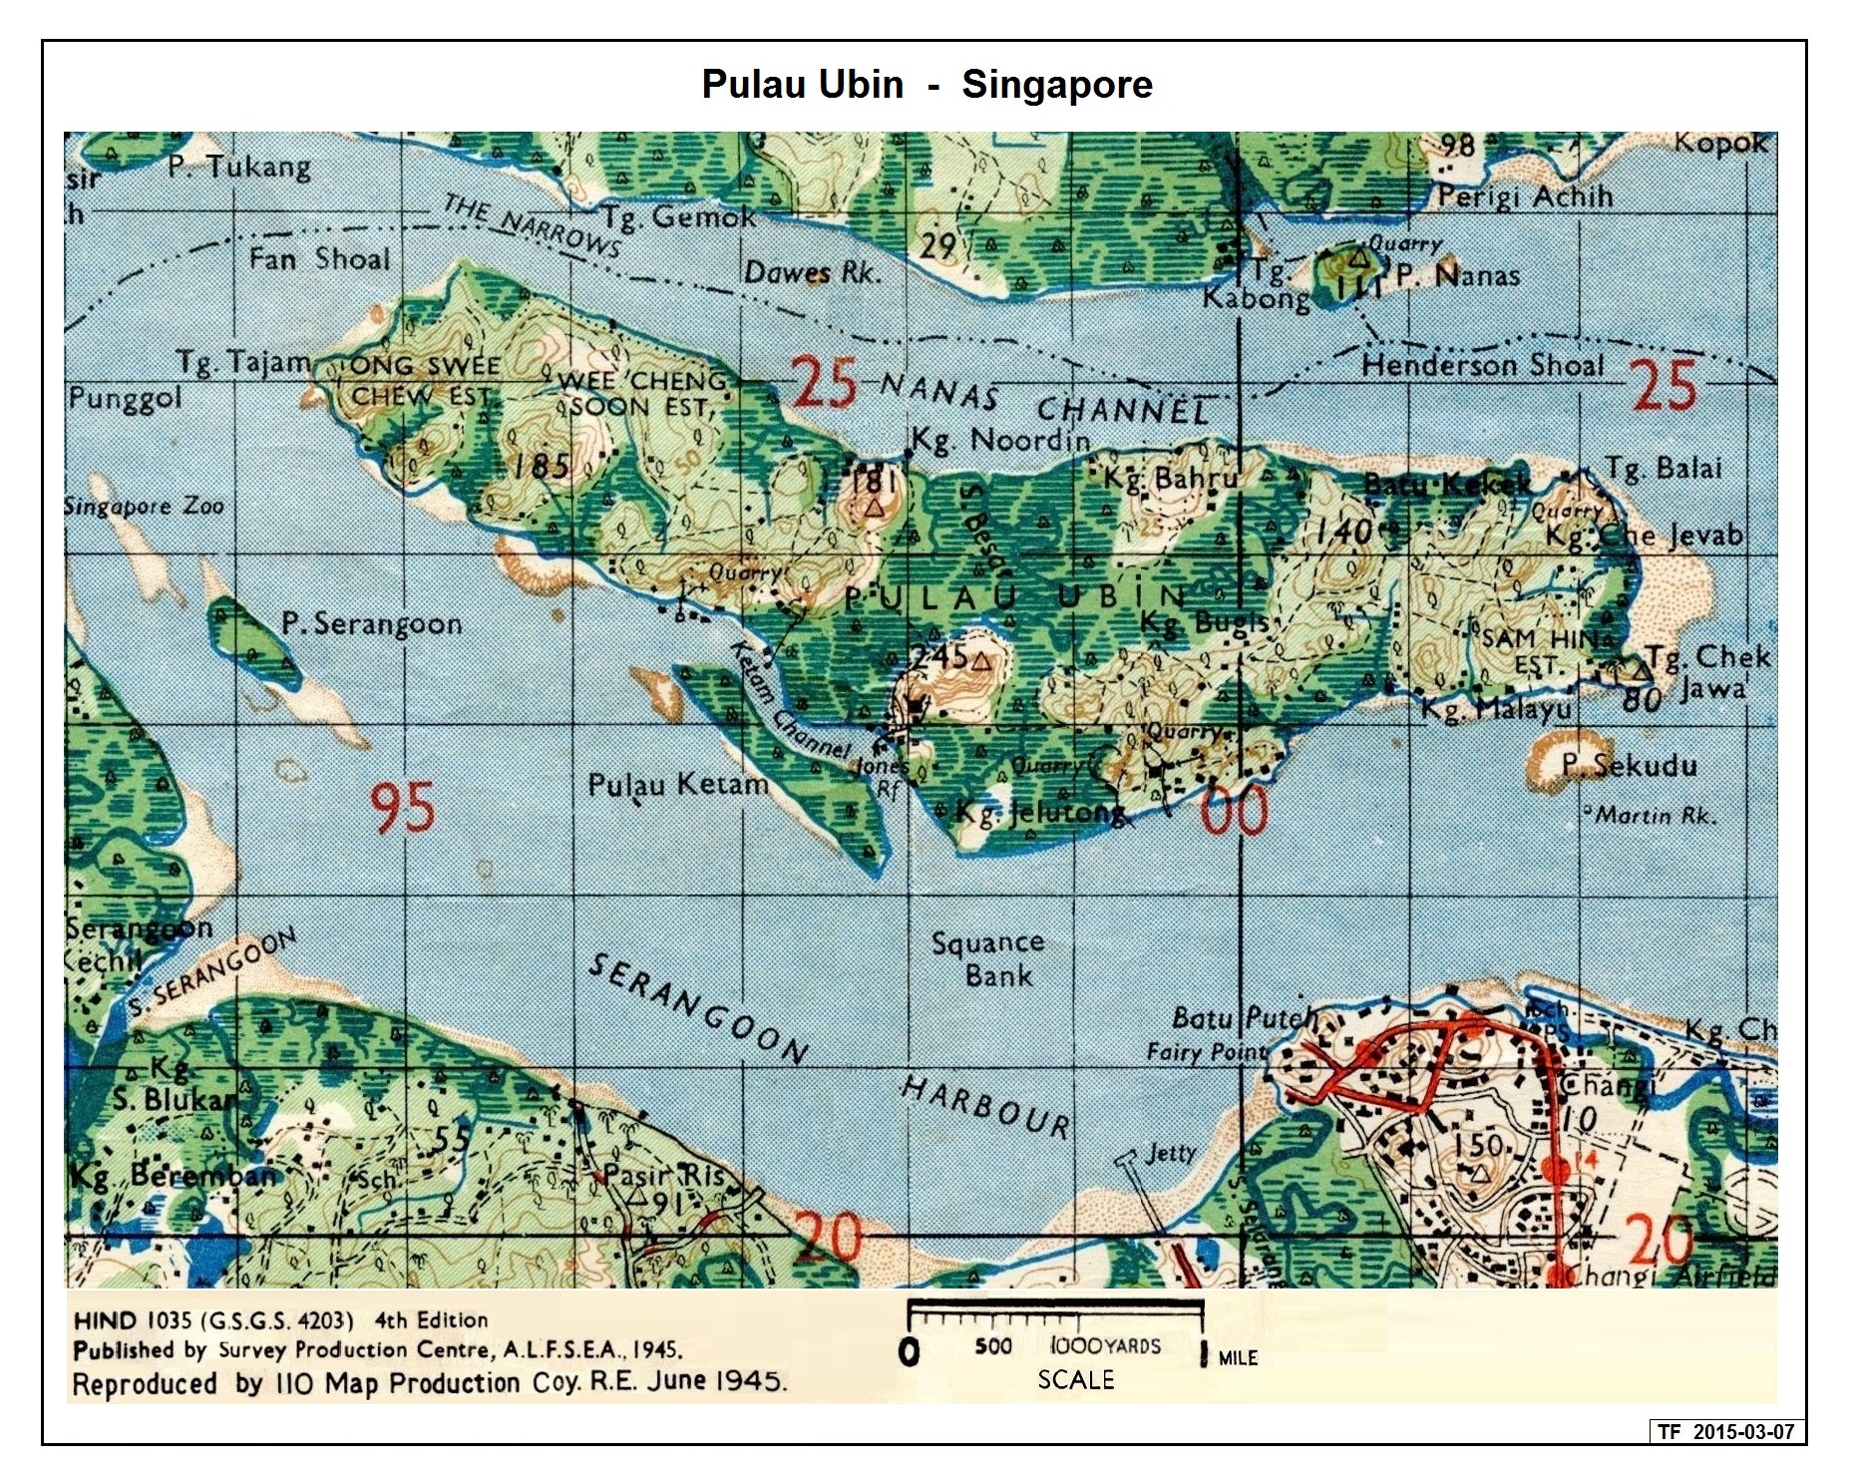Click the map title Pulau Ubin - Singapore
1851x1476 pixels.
click(x=926, y=85)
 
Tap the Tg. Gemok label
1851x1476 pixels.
click(x=678, y=215)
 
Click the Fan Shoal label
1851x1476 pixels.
click(x=319, y=259)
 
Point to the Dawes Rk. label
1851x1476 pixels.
click(x=813, y=271)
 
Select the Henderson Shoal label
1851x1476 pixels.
click(x=1482, y=365)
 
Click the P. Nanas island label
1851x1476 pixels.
click(x=1457, y=275)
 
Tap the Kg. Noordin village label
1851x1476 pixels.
click(x=1000, y=440)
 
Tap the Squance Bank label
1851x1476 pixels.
click(x=987, y=958)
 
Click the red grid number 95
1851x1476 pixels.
click(x=403, y=808)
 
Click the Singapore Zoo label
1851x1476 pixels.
click(x=145, y=507)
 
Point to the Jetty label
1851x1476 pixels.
click(x=1171, y=1153)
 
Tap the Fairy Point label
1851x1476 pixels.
click(x=1206, y=1051)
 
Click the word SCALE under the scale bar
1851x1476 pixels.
click(x=1075, y=1379)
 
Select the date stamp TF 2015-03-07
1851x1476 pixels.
click(x=1726, y=1431)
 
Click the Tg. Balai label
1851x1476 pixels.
click(x=1664, y=469)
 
